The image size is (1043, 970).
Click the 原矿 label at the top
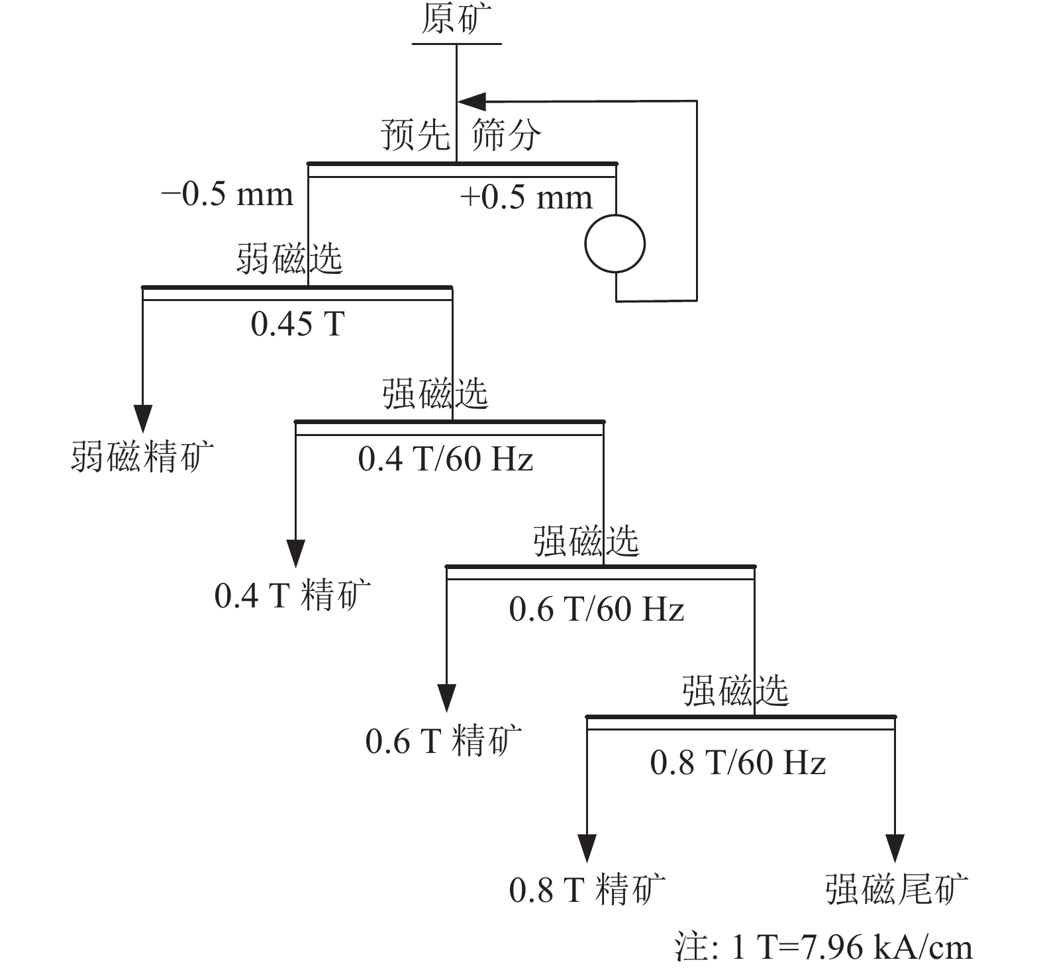[457, 20]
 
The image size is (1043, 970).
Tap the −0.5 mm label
[227, 195]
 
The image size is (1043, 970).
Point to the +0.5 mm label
[526, 197]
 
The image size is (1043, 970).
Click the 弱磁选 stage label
[289, 258]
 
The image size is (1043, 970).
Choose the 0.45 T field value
[298, 324]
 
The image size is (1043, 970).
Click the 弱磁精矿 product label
[142, 457]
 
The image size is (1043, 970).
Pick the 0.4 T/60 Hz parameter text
[446, 459]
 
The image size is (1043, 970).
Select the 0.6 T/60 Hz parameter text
[597, 609]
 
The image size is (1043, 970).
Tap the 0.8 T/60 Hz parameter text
[738, 762]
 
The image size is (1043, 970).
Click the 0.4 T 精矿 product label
[293, 594]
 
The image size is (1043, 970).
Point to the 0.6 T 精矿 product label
[444, 741]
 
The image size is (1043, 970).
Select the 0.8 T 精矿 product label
[587, 890]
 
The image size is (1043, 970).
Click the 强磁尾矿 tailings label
[897, 889]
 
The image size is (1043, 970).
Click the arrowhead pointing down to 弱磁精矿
[143, 418]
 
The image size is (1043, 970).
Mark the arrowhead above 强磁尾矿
[895, 848]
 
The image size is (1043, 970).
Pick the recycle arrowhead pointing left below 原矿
[472, 101]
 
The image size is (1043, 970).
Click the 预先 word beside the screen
[415, 135]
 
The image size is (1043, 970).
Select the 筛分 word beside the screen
[506, 135]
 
